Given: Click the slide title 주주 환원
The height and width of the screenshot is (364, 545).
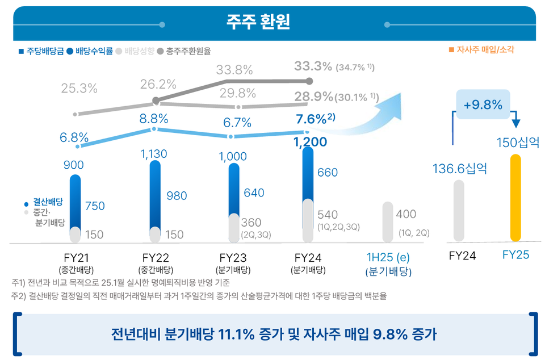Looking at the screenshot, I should click(258, 22).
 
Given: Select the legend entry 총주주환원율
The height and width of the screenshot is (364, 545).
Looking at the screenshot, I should click(187, 51).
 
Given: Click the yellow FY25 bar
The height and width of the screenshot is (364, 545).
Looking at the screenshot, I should click(515, 198).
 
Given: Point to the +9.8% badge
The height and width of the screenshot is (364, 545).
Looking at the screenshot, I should click(482, 105).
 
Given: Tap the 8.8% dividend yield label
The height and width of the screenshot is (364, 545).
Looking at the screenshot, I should click(154, 119).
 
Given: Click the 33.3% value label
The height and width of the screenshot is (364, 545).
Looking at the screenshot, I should click(313, 66).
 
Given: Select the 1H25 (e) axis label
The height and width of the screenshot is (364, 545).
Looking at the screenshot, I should click(388, 257).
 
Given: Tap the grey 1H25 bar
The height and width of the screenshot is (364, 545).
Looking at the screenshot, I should click(388, 221).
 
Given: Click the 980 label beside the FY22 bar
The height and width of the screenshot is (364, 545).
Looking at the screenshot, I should click(177, 195).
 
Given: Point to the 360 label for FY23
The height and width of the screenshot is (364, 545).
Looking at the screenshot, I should click(251, 222).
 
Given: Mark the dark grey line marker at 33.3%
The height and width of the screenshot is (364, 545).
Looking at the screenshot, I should click(309, 81).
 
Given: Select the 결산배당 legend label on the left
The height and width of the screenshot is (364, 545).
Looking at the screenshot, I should click(48, 202).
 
